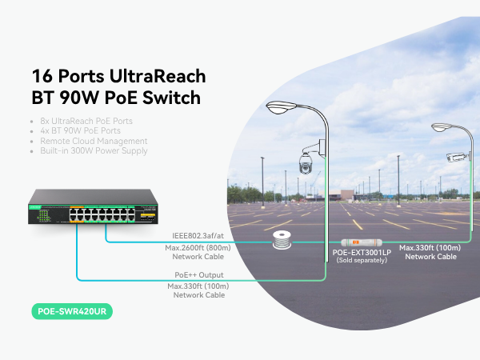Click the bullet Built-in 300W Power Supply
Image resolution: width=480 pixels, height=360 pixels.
tap(94, 150)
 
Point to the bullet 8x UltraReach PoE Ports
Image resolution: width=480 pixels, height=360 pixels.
tap(86, 121)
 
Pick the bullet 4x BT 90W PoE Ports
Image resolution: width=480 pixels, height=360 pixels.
tap(81, 130)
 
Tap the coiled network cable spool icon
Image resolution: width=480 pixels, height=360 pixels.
tap(280, 242)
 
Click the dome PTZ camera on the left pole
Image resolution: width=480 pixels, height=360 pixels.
tap(306, 162)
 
